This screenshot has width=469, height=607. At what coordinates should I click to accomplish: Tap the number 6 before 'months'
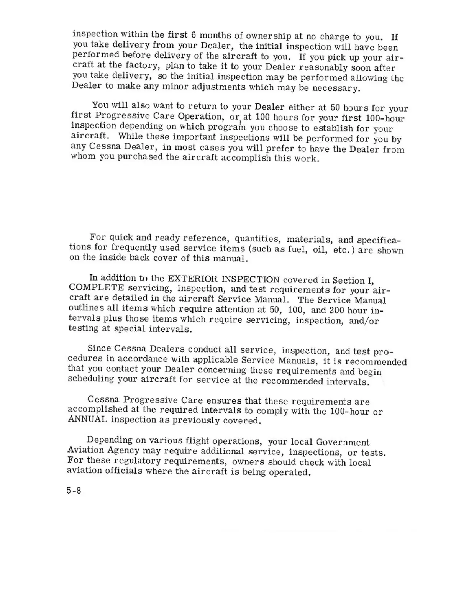point(194,35)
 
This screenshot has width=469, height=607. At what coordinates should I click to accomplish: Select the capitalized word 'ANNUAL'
point(87,419)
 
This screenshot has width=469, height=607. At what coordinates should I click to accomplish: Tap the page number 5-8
point(74,491)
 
